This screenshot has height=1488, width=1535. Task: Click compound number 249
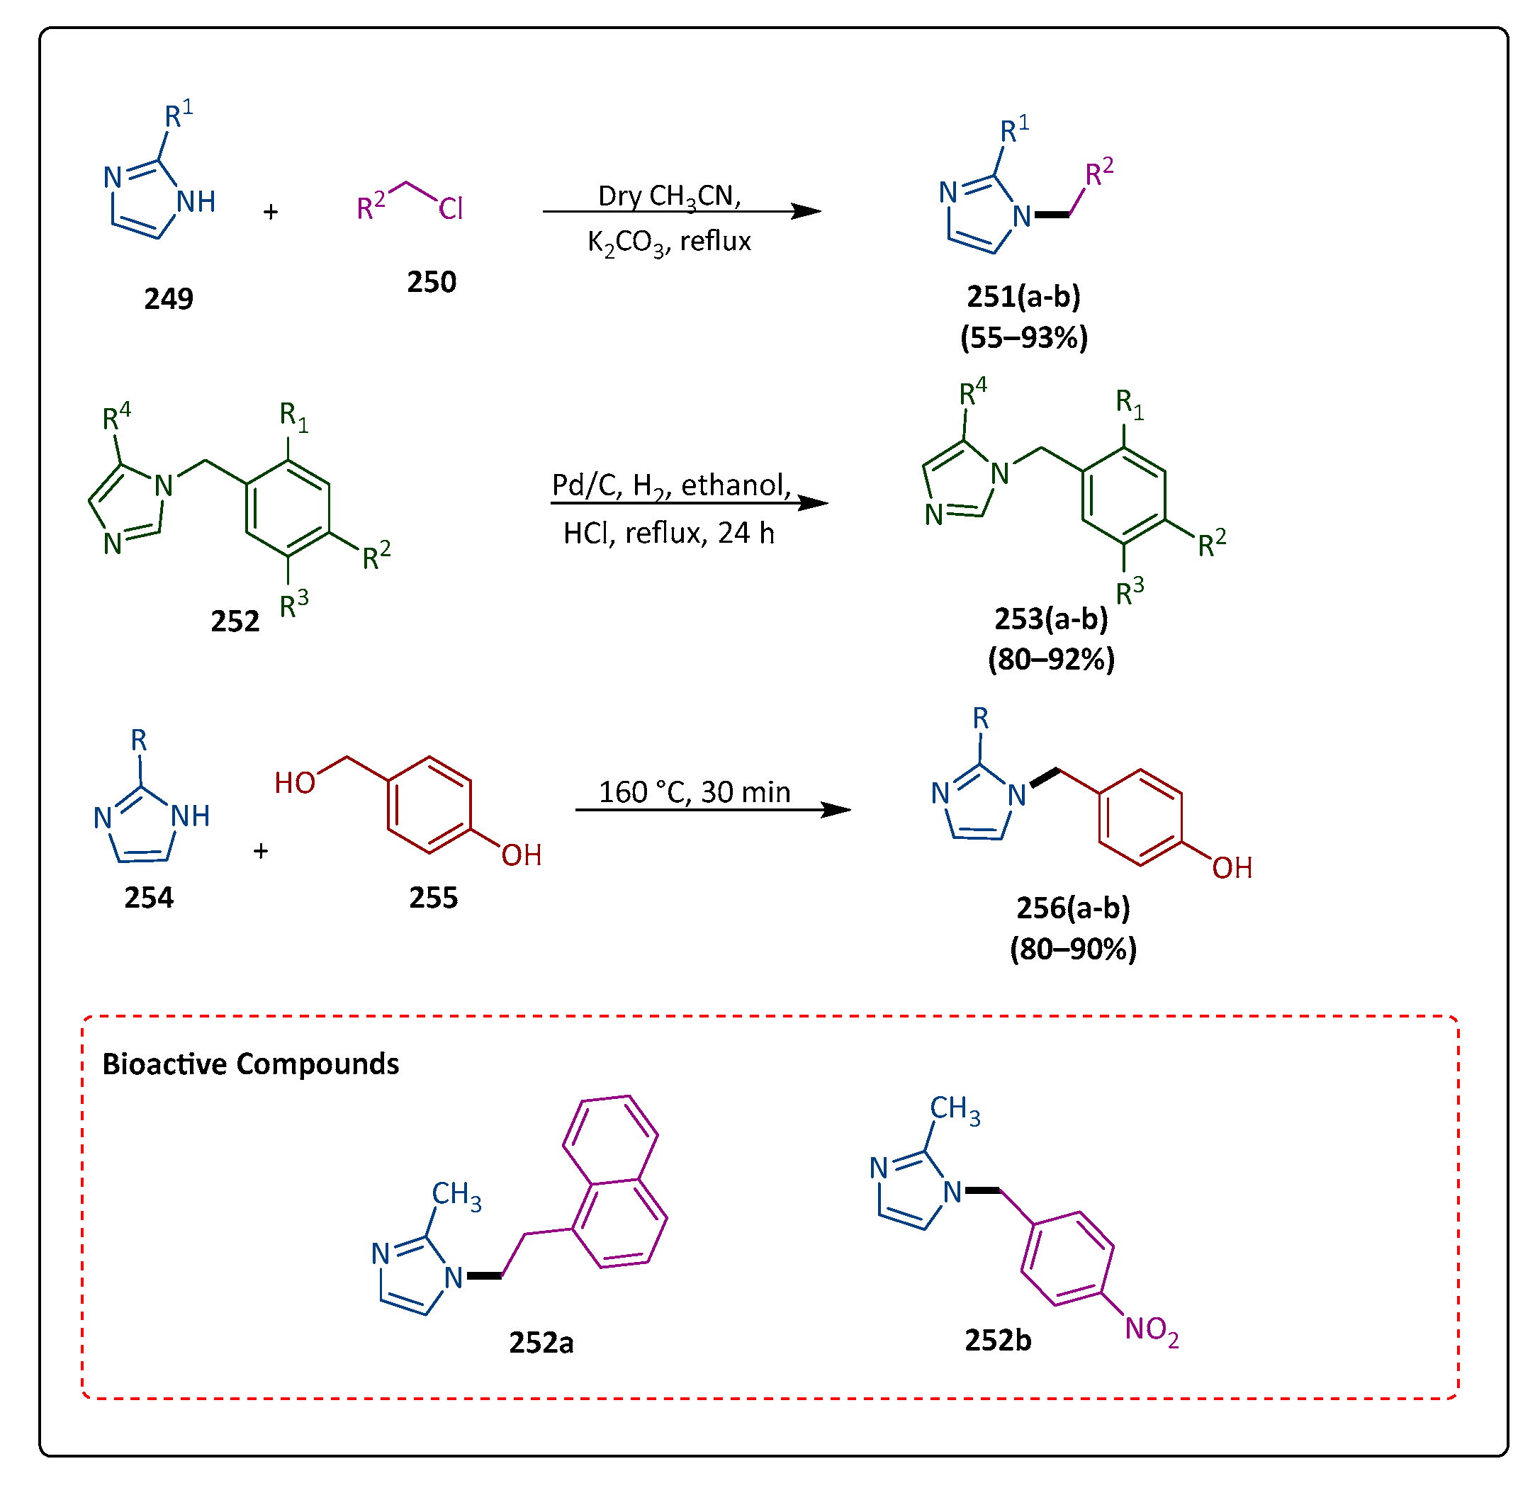169,298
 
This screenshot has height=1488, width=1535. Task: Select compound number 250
431,282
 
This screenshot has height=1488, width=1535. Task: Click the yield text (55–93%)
1023,337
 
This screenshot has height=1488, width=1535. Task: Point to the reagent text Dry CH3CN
669,196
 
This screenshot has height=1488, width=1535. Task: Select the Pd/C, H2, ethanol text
671,486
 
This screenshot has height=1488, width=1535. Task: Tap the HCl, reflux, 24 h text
669,534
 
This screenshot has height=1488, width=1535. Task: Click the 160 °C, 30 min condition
695,791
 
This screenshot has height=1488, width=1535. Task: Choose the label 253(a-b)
1051,619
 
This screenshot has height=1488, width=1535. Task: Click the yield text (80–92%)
1051,660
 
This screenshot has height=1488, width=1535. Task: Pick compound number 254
149,898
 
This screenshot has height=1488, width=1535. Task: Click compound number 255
433,898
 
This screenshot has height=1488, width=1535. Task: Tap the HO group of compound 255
295,782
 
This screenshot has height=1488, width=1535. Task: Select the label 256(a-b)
1073,908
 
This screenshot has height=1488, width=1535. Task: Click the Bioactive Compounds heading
251,1064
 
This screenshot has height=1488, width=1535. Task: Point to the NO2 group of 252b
1151,1329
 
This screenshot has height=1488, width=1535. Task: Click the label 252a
541,1342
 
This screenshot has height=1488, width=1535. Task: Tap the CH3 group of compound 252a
456,1195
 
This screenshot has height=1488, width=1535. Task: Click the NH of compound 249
195,202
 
